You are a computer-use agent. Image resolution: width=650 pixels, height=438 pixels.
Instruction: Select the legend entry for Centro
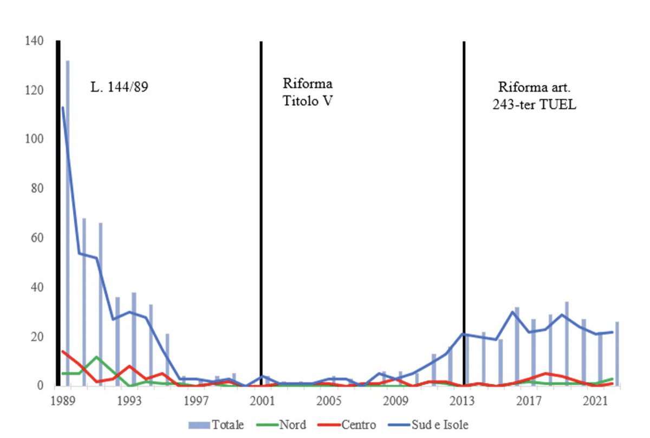(357, 424)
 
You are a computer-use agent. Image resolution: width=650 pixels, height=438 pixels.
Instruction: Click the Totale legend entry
(227, 424)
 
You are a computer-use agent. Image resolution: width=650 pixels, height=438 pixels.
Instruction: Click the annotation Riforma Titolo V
(308, 93)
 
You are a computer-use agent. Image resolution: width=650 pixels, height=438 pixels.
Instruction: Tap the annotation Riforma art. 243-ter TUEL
(534, 96)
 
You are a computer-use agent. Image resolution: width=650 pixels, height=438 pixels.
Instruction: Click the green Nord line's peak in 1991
(97, 357)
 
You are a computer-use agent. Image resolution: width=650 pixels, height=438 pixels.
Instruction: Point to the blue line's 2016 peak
(513, 312)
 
